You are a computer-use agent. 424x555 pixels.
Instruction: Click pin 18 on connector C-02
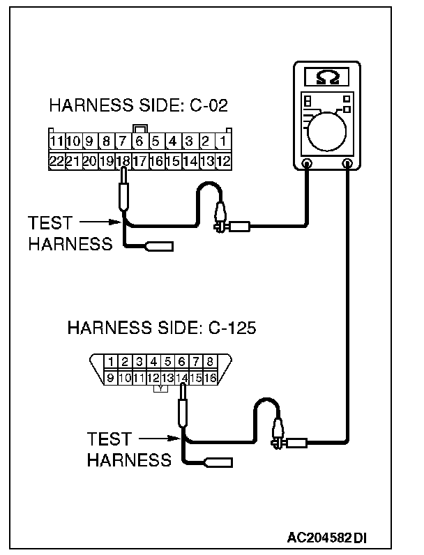123,160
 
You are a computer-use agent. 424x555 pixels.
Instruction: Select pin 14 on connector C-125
181,377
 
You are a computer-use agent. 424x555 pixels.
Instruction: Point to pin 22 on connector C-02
57,160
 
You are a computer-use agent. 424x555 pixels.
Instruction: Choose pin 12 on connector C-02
223,160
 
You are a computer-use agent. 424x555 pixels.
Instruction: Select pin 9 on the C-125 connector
109,377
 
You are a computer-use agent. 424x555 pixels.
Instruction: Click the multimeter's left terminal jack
307,164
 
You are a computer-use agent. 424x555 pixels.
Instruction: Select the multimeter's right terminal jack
348,164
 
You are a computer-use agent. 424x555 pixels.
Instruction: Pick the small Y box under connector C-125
161,388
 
